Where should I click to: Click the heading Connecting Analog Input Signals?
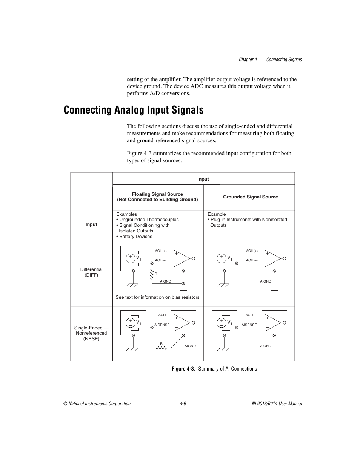pos(134,110)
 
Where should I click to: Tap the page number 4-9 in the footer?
pos(183,403)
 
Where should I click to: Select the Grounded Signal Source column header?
pos(250,197)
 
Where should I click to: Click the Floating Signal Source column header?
pos(157,197)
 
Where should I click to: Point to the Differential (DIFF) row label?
pos(91,272)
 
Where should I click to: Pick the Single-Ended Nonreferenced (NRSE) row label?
pos(91,333)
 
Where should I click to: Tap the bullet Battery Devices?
pos(135,237)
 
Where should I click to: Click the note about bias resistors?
pos(158,297)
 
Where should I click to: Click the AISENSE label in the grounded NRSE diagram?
pos(249,325)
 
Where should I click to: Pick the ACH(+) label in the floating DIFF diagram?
pos(161,251)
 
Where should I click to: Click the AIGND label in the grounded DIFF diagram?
pos(266,281)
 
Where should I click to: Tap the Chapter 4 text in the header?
pos(248,60)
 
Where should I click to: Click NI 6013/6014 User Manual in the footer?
pos(277,403)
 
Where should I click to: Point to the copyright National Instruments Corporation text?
pos(97,403)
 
